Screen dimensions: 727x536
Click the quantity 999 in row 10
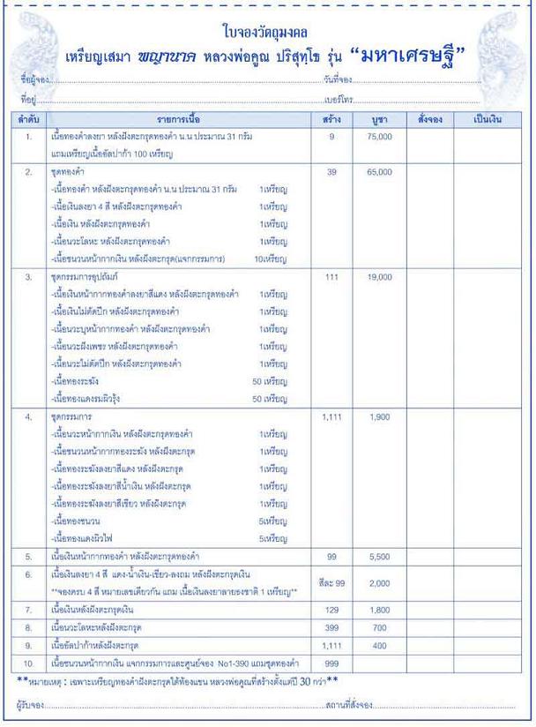coord(332,662)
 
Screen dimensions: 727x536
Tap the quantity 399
coord(332,627)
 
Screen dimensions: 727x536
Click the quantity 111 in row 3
coord(332,277)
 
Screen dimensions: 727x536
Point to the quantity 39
coord(332,172)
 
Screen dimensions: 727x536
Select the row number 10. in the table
coord(29,662)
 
